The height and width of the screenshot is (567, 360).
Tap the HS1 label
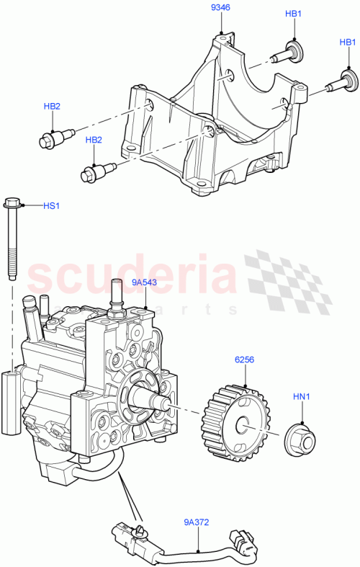pos(50,207)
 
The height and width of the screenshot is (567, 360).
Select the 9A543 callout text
pos(144,284)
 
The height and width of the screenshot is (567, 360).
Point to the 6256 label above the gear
pos(242,359)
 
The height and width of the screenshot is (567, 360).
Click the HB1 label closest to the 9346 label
pos(294,14)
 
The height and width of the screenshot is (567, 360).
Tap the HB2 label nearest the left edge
pos(52,107)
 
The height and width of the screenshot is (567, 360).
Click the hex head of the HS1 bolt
pos(12,205)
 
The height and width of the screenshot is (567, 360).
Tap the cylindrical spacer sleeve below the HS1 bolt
pos(12,403)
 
